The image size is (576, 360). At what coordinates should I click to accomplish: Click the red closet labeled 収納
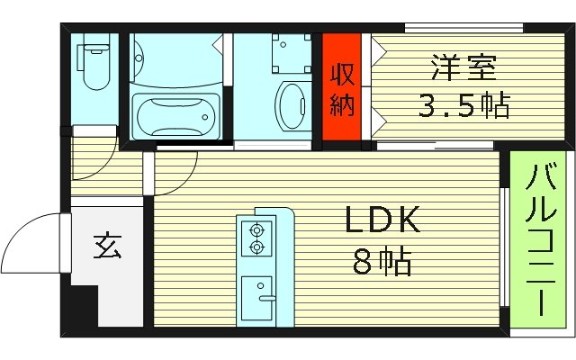click(342, 88)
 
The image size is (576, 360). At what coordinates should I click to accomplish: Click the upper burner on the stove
click(256, 229)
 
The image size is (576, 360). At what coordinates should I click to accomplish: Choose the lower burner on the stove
click(256, 246)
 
